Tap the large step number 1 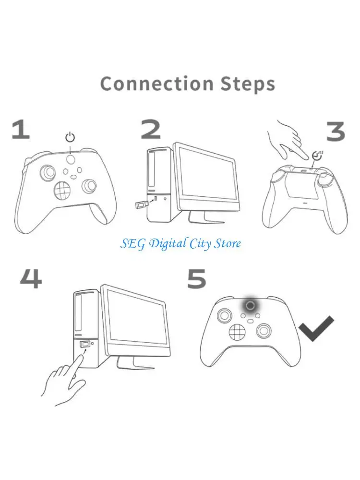click(x=21, y=130)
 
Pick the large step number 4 click(x=30, y=279)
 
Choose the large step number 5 click(x=196, y=279)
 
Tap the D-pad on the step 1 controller click(x=62, y=191)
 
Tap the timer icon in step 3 click(x=317, y=155)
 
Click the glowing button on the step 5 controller click(x=250, y=305)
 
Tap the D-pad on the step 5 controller click(x=237, y=331)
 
